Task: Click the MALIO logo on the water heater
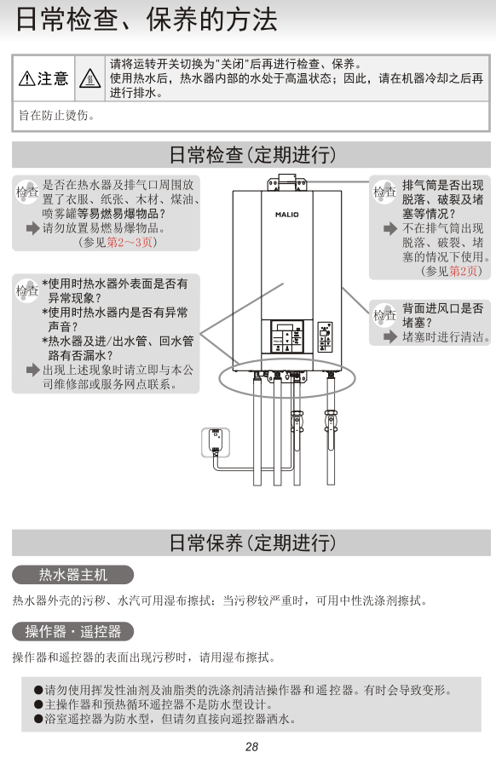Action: [x=287, y=215]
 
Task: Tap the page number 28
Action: [x=252, y=747]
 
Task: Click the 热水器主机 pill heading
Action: [x=73, y=575]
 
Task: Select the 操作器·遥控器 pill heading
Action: [x=73, y=631]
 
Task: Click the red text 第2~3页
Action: [x=130, y=242]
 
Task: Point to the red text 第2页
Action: [x=464, y=271]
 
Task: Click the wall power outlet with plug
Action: [x=216, y=442]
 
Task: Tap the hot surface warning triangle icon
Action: [x=90, y=78]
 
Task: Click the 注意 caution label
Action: [x=43, y=78]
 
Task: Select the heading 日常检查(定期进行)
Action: [x=252, y=155]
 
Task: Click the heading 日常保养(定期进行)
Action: [x=252, y=543]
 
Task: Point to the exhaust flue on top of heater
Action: [x=287, y=183]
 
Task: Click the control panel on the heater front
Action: [x=287, y=336]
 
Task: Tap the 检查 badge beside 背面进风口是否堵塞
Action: [x=384, y=315]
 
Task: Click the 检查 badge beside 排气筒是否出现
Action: [x=384, y=192]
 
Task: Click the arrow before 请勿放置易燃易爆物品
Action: [x=33, y=227]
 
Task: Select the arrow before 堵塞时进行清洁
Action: [x=390, y=336]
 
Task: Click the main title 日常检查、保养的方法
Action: [x=147, y=20]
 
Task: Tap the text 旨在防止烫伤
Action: [x=56, y=115]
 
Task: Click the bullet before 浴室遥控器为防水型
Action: [x=38, y=719]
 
